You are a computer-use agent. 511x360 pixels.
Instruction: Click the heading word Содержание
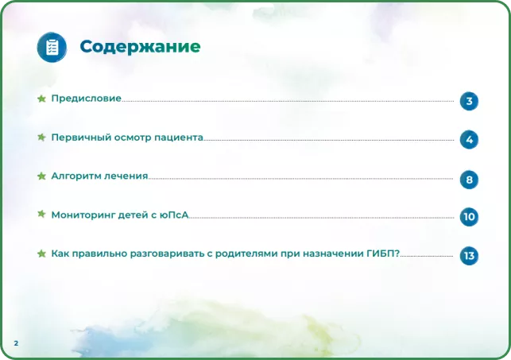pos(140,47)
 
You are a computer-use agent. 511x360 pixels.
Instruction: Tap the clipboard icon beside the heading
pos(52,47)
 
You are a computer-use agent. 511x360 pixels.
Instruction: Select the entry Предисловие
pos(86,99)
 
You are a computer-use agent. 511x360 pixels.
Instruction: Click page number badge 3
pos(469,101)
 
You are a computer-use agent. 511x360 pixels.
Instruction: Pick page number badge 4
pos(469,140)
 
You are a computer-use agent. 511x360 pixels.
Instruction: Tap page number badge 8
pos(469,180)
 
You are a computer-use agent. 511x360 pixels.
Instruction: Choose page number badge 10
pos(469,217)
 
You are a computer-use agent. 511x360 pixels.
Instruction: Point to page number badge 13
pos(469,256)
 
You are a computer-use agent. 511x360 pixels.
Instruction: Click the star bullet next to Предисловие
pos(41,99)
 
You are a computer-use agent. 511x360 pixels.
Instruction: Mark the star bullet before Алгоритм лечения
pos(41,176)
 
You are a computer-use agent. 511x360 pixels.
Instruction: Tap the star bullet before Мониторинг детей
pos(41,215)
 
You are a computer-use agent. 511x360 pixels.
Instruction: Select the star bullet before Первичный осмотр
pos(41,137)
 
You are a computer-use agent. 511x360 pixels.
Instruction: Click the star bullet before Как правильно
pos(41,254)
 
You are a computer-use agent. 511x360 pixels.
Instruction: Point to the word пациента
pos(179,137)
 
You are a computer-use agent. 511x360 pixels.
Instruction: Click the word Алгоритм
pos(75,176)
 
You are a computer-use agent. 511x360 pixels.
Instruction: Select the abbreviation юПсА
pos(174,215)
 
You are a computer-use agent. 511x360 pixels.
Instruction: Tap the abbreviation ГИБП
pos(381,254)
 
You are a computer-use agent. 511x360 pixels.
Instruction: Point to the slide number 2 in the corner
pos(16,343)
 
